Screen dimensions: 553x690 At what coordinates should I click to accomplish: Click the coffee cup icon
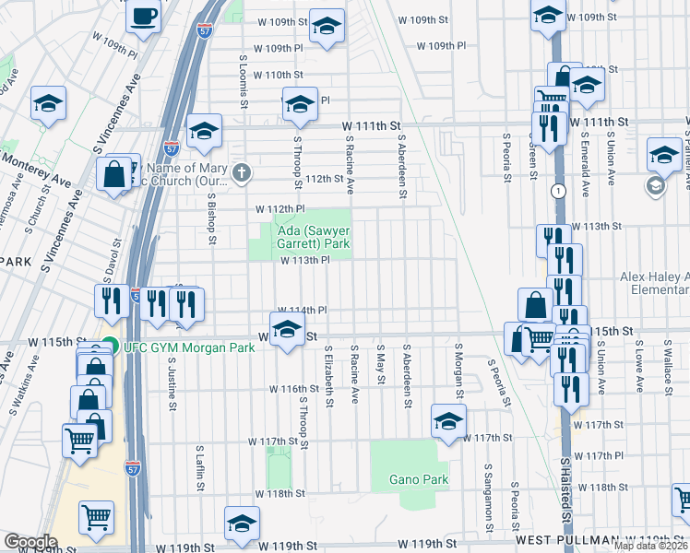144,17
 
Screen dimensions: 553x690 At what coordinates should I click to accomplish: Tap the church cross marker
242,172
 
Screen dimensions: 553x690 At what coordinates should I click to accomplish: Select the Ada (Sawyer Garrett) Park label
309,238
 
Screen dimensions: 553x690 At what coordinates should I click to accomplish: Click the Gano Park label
406,479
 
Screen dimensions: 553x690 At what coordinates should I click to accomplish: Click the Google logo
30,542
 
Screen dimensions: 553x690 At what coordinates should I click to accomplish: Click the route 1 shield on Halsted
558,190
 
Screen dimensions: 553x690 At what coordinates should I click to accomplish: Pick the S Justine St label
172,379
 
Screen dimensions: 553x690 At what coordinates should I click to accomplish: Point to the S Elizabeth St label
327,377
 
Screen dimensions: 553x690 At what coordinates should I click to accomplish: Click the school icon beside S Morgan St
449,422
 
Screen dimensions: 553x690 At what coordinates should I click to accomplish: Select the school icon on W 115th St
288,330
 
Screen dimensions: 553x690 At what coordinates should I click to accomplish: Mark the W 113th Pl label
305,261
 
